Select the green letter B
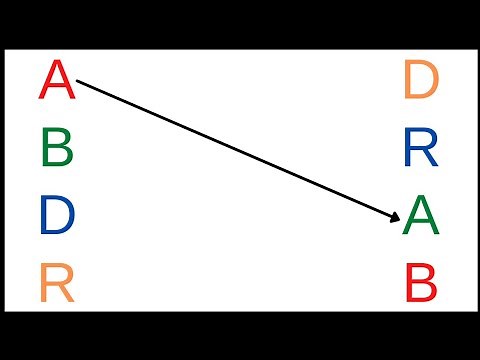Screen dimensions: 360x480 [58, 149]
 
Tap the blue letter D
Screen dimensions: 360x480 [58, 217]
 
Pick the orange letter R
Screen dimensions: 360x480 [57, 285]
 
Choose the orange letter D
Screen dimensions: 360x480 [421, 80]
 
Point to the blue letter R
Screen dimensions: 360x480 [421, 149]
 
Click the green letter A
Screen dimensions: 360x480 [421, 217]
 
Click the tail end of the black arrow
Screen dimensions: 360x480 [78, 82]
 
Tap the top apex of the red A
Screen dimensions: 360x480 [57, 62]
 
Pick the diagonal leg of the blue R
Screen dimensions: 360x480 [430, 159]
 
